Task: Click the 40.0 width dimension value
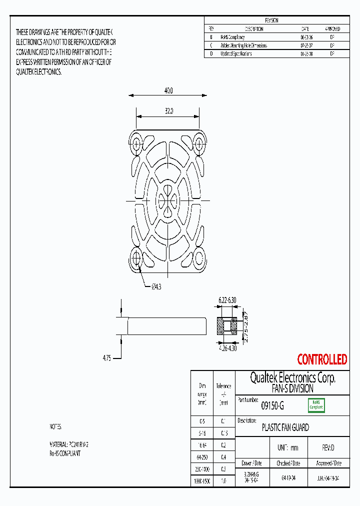click(168, 90)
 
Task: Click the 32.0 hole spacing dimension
click(168, 111)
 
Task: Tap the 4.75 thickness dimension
click(106, 358)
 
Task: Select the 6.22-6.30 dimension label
click(227, 299)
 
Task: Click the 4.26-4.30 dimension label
click(227, 348)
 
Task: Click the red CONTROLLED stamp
click(322, 359)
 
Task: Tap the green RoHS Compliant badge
click(315, 404)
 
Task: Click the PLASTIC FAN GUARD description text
click(285, 427)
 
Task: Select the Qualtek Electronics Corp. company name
click(292, 378)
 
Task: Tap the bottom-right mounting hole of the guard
click(200, 258)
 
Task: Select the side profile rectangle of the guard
click(167, 326)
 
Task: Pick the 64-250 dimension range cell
click(202, 456)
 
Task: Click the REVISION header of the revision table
click(271, 20)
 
